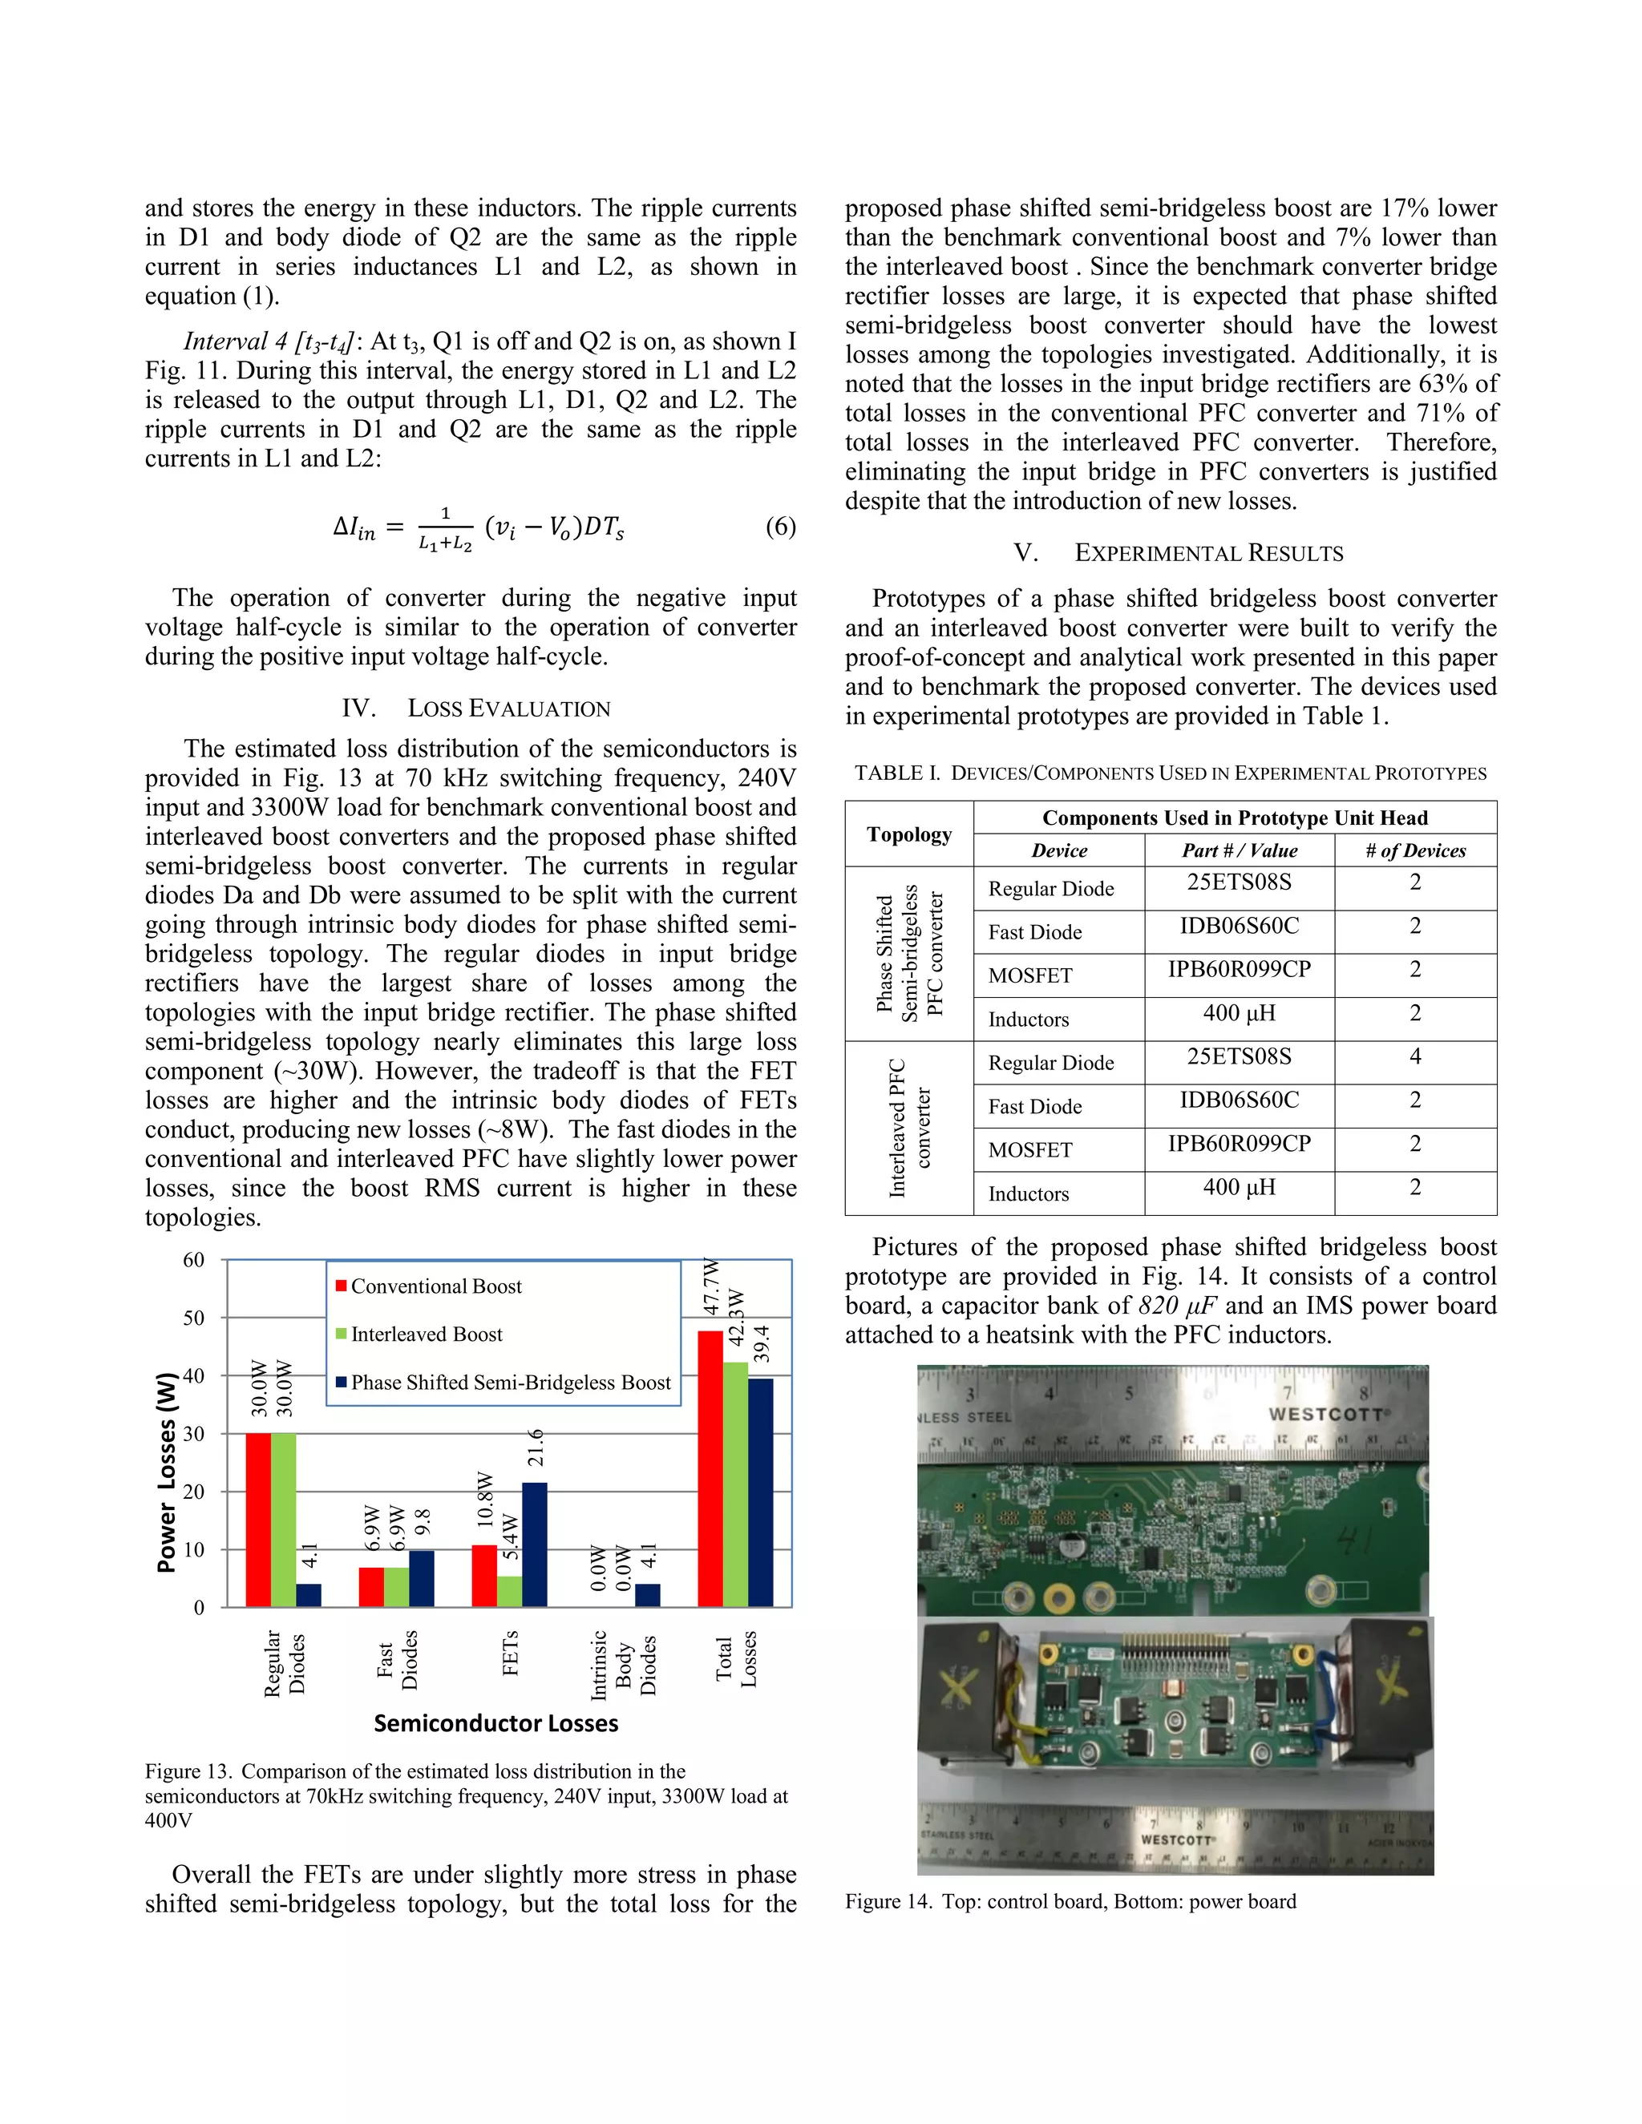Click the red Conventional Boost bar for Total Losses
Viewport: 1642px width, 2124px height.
(710, 1468)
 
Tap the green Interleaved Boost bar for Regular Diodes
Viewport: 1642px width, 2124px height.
(283, 1519)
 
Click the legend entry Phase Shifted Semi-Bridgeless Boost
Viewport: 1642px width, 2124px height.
(510, 1382)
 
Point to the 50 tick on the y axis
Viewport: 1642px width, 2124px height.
(193, 1318)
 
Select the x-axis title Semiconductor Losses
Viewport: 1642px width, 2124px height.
(495, 1723)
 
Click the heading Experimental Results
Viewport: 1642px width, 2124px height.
(1178, 553)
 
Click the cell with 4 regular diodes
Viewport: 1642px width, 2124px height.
(1414, 1056)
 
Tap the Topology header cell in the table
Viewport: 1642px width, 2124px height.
(908, 834)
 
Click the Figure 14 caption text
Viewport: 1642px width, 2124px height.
(1070, 1901)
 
